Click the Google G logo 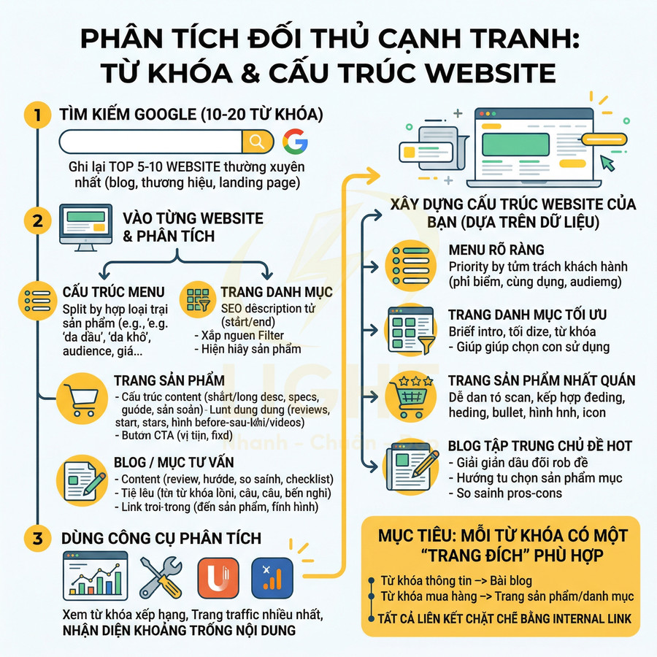295,142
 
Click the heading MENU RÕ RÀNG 496,250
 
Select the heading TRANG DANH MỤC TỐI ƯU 527,315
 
